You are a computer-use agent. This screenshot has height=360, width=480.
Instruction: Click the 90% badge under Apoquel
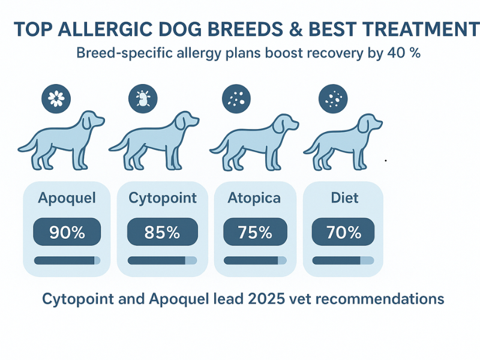[67, 232]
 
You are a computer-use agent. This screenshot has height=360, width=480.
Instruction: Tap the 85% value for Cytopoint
[162, 232]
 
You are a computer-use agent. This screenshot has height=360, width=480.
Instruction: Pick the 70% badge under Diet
[343, 232]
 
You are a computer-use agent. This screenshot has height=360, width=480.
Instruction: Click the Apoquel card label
[67, 198]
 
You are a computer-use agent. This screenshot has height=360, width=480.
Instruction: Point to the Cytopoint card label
[163, 199]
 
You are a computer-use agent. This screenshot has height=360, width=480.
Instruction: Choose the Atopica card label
[254, 198]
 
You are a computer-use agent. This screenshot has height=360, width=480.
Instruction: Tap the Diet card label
[344, 198]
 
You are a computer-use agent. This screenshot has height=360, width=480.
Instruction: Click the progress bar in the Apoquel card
[67, 260]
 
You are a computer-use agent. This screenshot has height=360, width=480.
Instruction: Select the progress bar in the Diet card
[343, 260]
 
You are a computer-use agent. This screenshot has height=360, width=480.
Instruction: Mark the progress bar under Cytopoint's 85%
[162, 260]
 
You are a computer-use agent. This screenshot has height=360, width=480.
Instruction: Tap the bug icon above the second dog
[143, 97]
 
